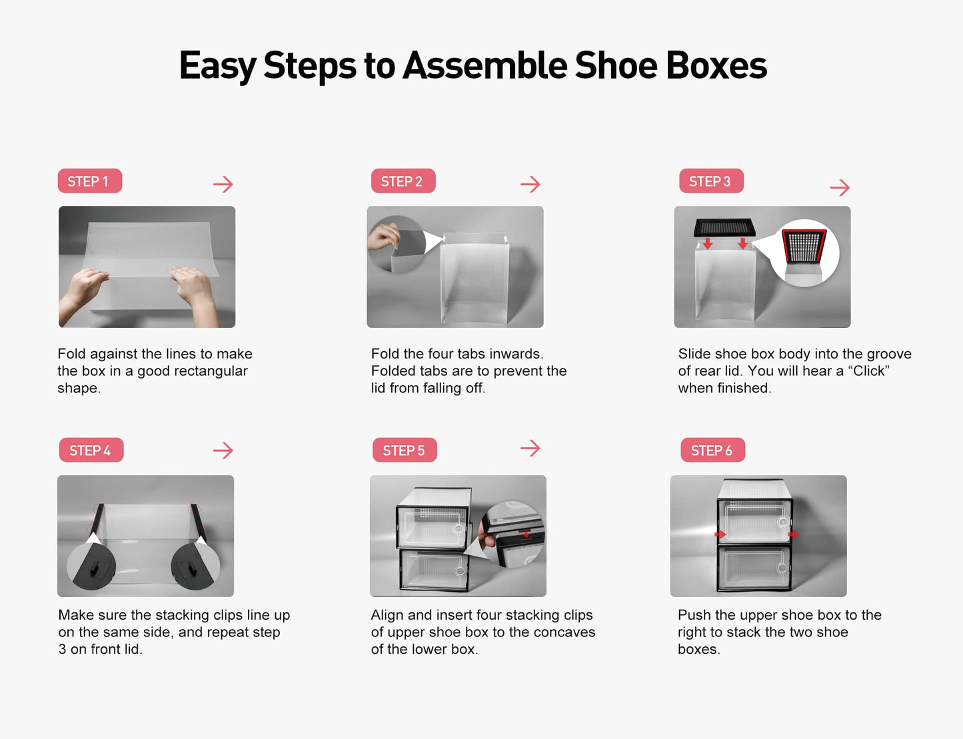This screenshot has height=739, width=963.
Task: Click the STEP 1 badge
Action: (x=89, y=181)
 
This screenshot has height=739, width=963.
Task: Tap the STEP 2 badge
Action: (x=403, y=181)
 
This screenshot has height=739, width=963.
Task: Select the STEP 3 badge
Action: (x=710, y=181)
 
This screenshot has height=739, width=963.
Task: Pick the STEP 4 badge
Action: (x=91, y=450)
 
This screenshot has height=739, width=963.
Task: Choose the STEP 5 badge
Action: (x=404, y=450)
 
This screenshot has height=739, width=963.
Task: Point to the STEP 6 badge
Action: (x=712, y=450)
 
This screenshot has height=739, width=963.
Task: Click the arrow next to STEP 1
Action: (x=223, y=184)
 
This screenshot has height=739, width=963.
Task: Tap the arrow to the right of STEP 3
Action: (x=840, y=187)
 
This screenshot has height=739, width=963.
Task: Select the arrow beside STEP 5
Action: (x=530, y=448)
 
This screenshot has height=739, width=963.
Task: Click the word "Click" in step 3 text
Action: (x=868, y=371)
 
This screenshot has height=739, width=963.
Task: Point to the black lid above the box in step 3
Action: (x=724, y=227)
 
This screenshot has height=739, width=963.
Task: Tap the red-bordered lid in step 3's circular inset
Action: (x=804, y=247)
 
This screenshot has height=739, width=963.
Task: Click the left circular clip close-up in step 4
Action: (x=92, y=565)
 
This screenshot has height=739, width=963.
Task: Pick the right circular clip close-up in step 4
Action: (x=195, y=565)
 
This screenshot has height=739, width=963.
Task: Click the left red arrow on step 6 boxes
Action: (x=720, y=534)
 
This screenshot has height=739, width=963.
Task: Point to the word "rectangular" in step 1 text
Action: (x=211, y=371)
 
